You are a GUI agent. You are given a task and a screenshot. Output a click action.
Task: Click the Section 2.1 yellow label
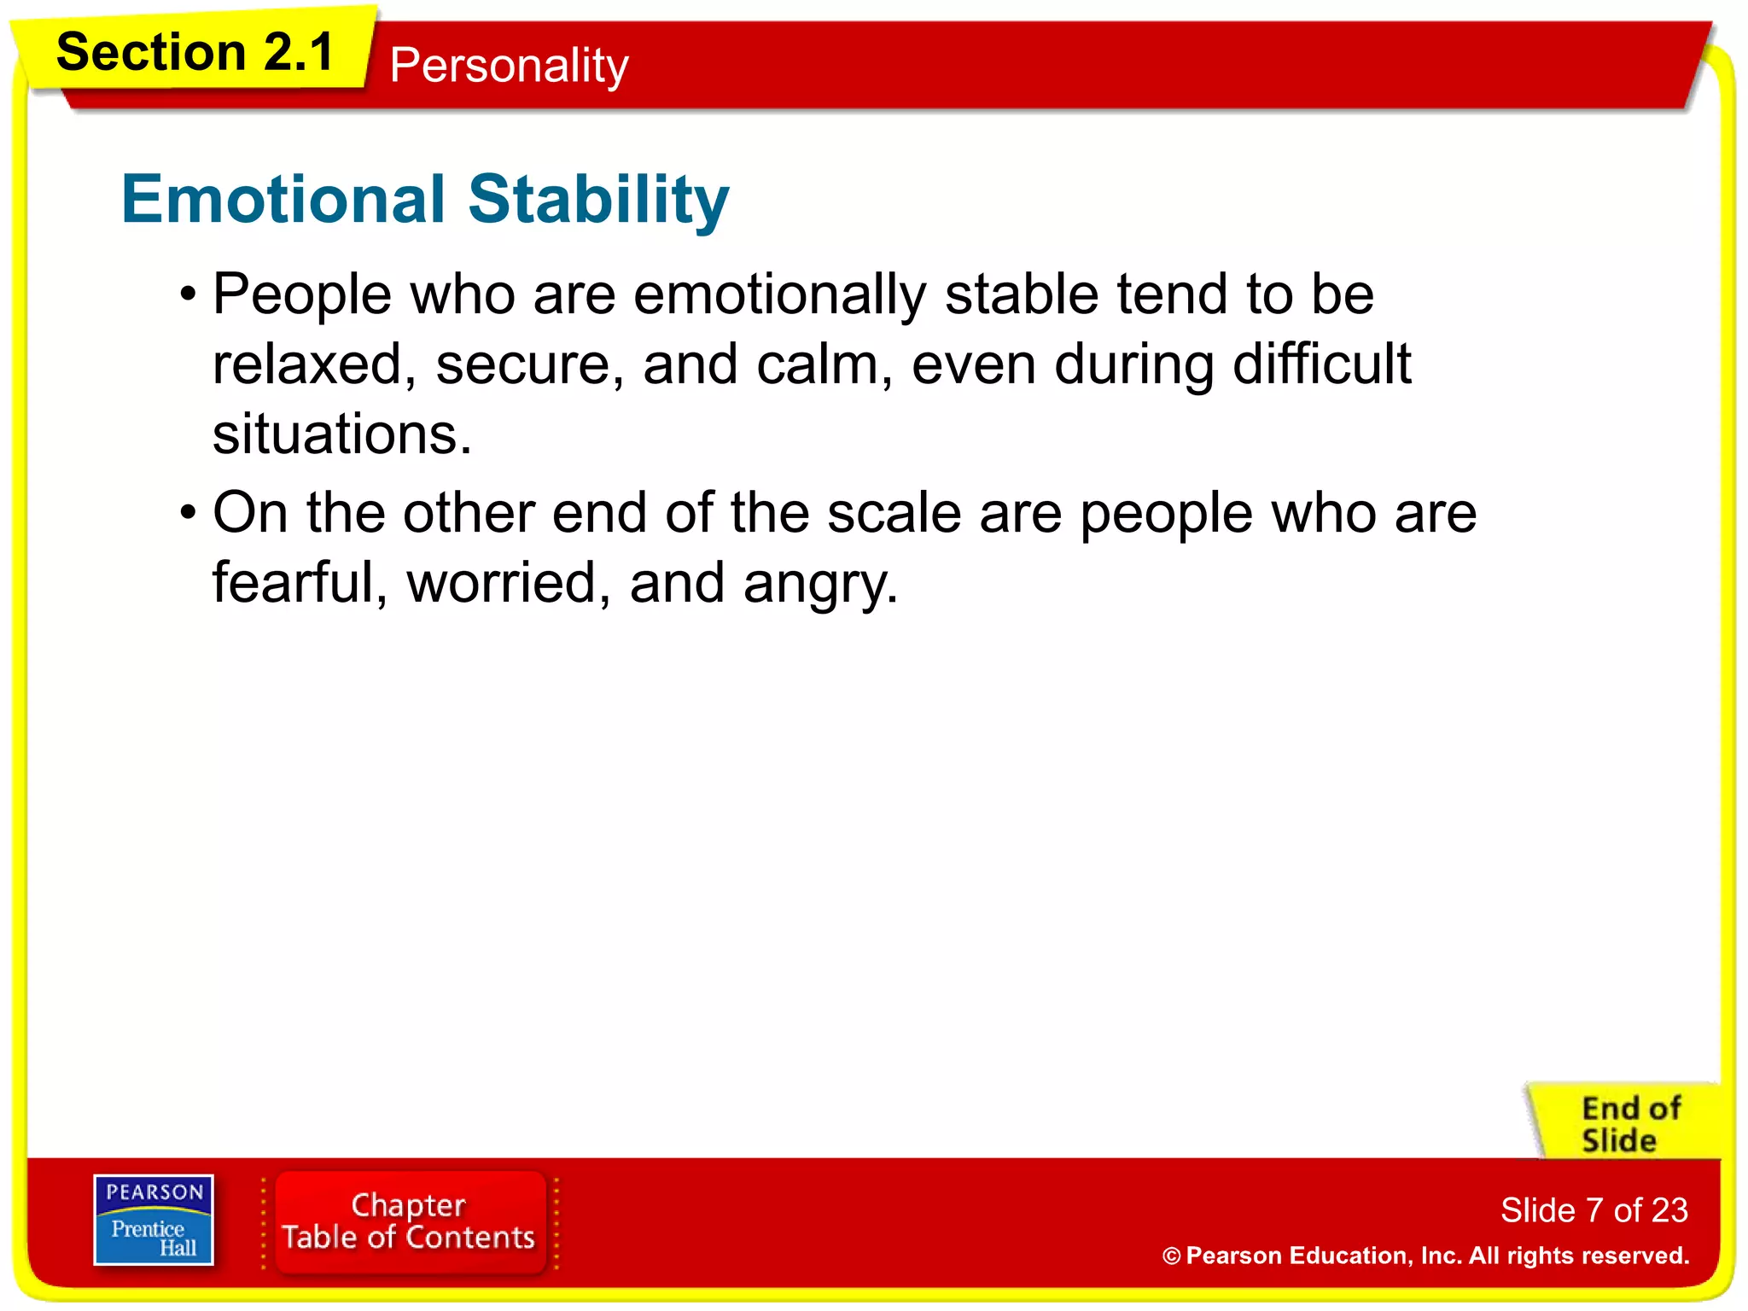[x=195, y=53]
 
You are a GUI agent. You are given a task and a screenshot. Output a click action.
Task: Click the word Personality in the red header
[x=509, y=66]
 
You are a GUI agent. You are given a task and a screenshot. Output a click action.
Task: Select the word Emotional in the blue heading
[x=283, y=199]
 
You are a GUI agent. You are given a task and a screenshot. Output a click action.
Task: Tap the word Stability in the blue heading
[x=598, y=199]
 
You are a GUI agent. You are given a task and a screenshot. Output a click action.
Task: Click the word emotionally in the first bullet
[x=779, y=294]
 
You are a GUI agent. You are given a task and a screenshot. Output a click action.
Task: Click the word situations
[x=341, y=434]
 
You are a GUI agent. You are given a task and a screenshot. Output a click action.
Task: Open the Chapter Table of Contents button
[x=409, y=1221]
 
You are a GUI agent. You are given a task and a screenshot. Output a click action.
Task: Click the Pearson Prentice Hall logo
[x=154, y=1220]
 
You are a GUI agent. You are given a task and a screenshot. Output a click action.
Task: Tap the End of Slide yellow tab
[x=1629, y=1124]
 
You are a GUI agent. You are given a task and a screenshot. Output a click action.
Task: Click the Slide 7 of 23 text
[x=1594, y=1210]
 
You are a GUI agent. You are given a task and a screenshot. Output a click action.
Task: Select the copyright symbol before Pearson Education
[x=1171, y=1256]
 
